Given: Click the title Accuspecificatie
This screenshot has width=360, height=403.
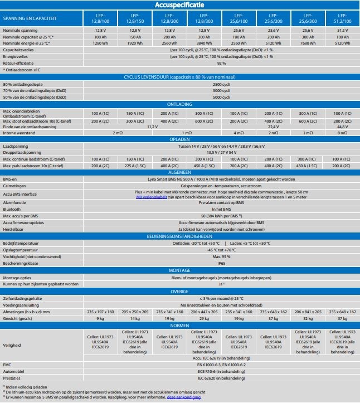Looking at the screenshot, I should [x=180, y=5].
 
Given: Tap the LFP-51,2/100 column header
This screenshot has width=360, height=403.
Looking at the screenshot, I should [x=342, y=18].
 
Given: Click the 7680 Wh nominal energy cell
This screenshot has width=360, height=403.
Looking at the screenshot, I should [x=308, y=42].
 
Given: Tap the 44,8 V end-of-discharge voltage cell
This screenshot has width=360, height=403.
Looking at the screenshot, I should [x=342, y=127].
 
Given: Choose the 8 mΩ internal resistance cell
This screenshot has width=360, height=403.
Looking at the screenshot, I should [x=342, y=133].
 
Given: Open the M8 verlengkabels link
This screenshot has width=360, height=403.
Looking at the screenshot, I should [x=151, y=197].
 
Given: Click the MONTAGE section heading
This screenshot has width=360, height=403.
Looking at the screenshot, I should [x=180, y=270].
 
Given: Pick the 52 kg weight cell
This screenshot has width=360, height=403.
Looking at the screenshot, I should [x=308, y=318].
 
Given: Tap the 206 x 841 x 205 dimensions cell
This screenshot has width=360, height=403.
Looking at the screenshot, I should [x=308, y=312].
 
